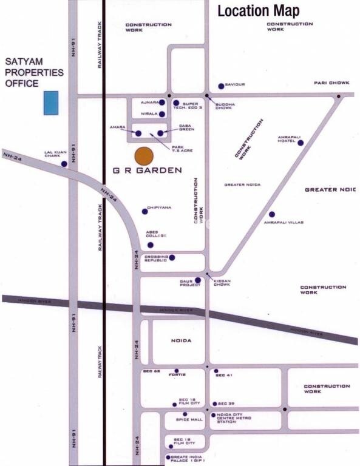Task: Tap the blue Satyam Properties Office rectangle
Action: [x=51, y=103]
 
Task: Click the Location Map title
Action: [x=258, y=10]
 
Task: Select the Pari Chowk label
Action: [x=331, y=83]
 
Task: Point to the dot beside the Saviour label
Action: [x=221, y=86]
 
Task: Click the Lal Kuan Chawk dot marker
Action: [x=64, y=164]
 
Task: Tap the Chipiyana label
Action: [x=160, y=208]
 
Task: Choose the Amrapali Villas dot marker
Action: [x=272, y=214]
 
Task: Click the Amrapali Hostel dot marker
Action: [x=300, y=143]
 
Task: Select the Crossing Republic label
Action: [x=155, y=258]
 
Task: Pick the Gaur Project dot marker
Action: [x=198, y=280]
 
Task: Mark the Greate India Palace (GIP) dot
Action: [x=168, y=458]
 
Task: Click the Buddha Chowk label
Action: [x=224, y=106]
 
